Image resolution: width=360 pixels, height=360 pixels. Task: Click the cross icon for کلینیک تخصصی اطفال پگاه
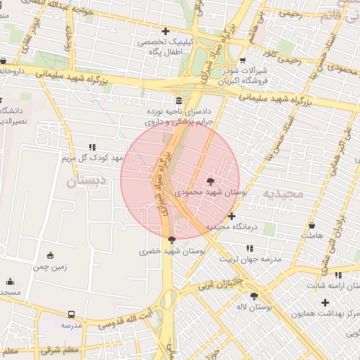coord(165,31)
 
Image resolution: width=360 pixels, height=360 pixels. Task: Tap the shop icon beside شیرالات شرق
coord(243,60)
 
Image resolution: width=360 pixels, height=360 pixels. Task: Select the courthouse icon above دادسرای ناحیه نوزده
coord(179,100)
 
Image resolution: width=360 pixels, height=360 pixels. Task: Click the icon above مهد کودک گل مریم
coord(91,147)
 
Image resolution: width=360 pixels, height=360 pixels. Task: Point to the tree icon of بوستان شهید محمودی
coord(212,181)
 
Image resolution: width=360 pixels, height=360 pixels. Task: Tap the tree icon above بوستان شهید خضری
coord(172,240)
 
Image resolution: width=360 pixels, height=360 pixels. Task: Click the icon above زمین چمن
coord(50,256)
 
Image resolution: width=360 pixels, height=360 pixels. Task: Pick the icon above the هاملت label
coord(312,225)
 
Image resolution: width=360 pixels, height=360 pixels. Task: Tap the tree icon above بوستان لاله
coord(254,296)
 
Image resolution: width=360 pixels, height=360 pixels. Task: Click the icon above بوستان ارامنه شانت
coord(338,275)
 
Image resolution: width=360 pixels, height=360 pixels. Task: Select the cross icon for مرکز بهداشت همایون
coord(325,302)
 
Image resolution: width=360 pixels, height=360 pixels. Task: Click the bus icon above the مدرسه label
coord(71,314)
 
